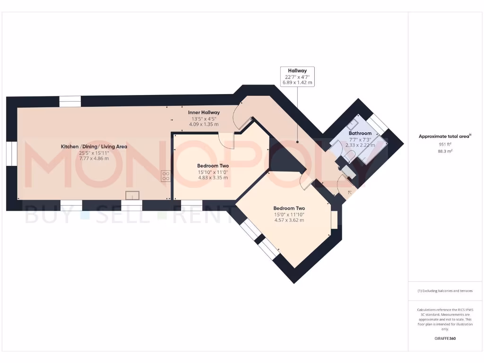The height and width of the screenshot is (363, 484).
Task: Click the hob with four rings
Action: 166,176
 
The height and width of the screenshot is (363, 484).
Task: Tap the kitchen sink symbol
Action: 132,195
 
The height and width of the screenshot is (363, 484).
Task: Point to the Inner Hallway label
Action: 204,112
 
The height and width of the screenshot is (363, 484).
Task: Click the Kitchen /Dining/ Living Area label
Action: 94,147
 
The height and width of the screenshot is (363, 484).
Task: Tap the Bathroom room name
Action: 360,134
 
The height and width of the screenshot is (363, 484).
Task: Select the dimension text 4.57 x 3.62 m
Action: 289,220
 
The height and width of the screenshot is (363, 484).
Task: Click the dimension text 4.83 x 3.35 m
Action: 212,178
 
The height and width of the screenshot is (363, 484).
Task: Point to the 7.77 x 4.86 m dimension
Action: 94,158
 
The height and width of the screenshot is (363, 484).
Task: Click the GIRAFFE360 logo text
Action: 445,338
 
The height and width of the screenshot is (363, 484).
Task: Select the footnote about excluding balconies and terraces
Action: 445,291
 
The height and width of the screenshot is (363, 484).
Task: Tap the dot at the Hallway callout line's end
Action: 297,141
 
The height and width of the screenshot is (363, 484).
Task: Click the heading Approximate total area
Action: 444,136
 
